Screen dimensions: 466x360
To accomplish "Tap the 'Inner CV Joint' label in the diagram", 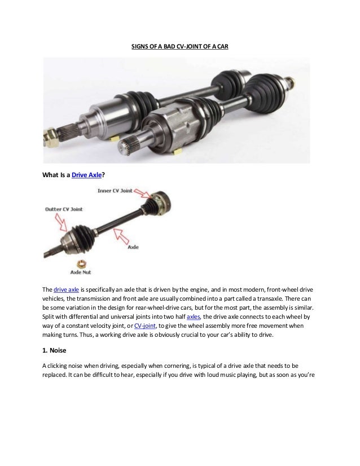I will [115, 191].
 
